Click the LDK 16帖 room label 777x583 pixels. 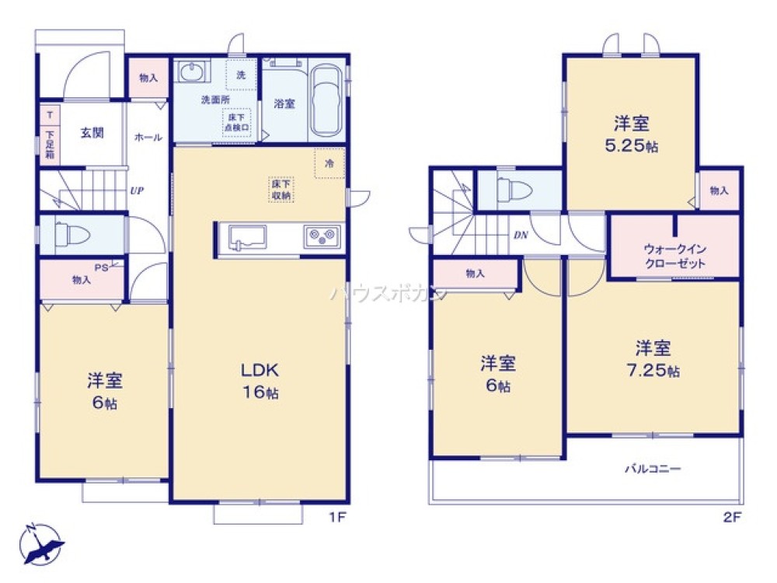pos(259,380)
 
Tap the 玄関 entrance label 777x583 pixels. pos(92,133)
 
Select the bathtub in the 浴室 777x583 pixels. pos(325,100)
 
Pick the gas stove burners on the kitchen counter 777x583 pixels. pos(322,237)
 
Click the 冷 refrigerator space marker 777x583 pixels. pos(329,162)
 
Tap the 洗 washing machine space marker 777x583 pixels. pos(240,75)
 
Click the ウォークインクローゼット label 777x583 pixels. pos(674,256)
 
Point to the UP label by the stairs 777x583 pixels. pos(137,190)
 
